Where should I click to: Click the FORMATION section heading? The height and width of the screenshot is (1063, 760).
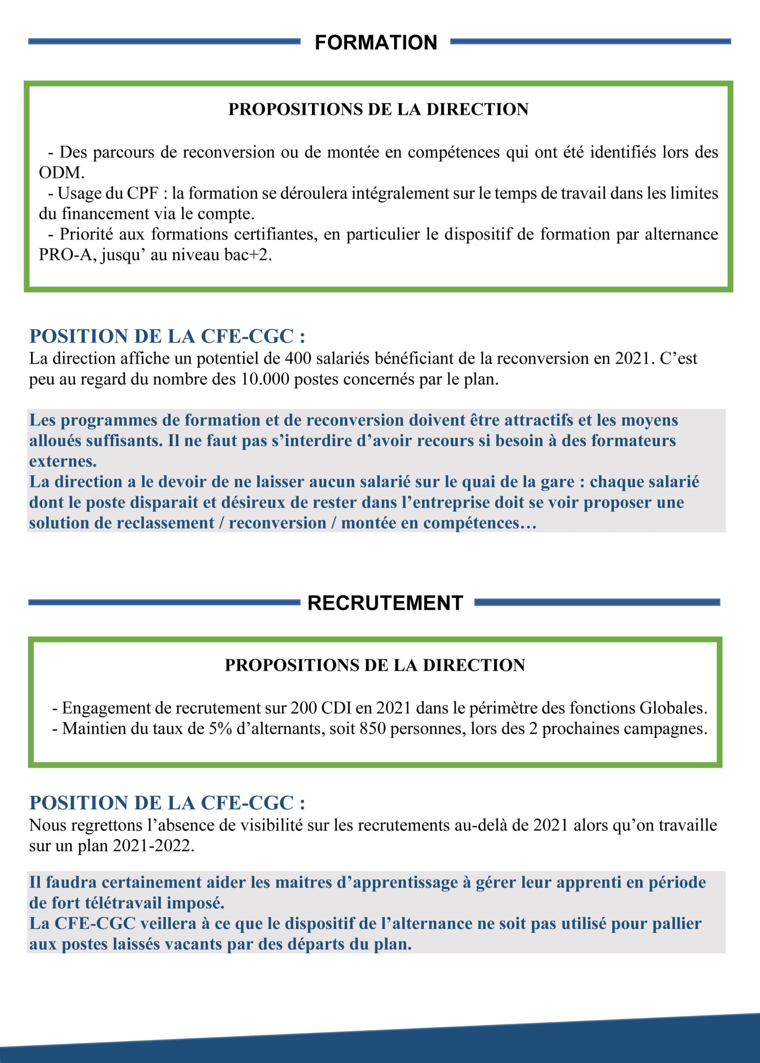[x=376, y=43]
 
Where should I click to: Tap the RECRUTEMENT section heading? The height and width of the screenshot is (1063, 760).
[x=385, y=603]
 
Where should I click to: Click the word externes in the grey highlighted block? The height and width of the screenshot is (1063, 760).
[x=63, y=461]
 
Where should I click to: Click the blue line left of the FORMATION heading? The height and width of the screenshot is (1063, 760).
[x=164, y=42]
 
